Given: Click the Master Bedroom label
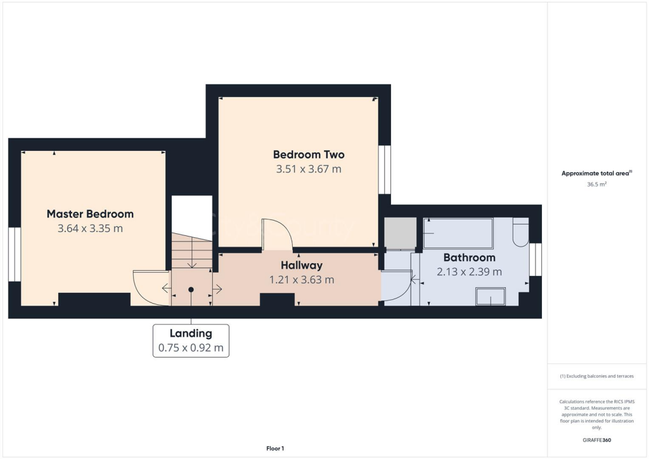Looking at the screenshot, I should tap(90, 214).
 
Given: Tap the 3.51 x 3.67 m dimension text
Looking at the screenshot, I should tap(309, 169).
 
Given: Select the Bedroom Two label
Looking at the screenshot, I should tap(309, 155).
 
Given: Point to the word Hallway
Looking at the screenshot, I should tap(302, 266).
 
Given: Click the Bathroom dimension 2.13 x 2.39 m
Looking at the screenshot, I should tap(469, 272).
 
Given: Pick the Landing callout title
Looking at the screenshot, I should tap(191, 333).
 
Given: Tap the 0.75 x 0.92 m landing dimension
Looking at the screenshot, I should tap(191, 348).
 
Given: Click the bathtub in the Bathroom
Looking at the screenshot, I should tap(458, 233).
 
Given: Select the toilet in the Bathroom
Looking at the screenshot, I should tap(520, 233).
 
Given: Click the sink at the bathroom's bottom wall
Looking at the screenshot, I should tap(491, 297).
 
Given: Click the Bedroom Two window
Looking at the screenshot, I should tap(384, 169).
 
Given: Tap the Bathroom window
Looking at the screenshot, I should tap(536, 260).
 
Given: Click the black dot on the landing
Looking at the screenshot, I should tap(191, 289).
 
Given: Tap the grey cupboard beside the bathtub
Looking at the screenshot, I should tap(401, 233).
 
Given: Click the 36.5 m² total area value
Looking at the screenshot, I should tap(597, 184).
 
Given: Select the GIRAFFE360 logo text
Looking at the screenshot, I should tap(597, 440).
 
